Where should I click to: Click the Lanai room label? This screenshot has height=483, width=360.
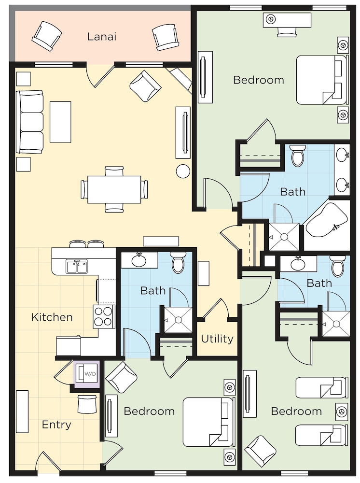(102, 37)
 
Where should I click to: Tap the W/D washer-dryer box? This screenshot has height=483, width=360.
(87, 373)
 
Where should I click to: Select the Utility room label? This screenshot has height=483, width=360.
(217, 339)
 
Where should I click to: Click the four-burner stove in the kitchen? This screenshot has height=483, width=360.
(103, 317)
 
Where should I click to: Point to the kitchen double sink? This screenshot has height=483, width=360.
(77, 267)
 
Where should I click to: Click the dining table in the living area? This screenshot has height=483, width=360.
(114, 189)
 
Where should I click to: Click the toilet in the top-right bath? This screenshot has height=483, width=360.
(298, 155)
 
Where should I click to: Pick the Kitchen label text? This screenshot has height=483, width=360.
(52, 317)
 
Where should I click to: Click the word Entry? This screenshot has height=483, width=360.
(56, 425)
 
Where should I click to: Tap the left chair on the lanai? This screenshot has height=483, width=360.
(47, 36)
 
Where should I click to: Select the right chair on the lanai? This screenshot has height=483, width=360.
(165, 37)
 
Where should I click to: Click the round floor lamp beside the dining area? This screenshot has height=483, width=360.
(183, 171)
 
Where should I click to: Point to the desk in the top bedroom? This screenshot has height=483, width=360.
(288, 20)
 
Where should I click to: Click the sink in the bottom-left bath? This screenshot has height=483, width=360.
(139, 261)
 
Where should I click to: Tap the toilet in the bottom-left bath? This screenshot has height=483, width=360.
(178, 262)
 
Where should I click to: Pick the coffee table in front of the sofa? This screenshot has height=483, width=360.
(61, 122)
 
